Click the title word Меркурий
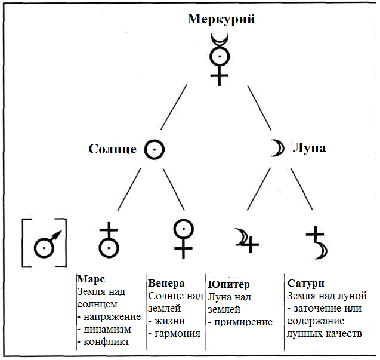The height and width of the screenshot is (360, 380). point(221,20)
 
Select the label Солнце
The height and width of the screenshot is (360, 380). point(112,149)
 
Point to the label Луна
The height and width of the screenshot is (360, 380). point(309,148)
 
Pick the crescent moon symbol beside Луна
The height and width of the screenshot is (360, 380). point(281,148)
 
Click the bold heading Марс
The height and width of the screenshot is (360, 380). point(91,279)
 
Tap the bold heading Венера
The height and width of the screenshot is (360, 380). point(166,283)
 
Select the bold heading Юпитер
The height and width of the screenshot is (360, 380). point(228,284)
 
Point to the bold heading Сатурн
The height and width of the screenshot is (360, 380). point(305,283)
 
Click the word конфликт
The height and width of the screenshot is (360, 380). point(106,342)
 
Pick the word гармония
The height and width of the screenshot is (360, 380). point(177,334)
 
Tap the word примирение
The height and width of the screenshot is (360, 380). point(243,322)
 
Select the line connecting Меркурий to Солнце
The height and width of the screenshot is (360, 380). point(174,107)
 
